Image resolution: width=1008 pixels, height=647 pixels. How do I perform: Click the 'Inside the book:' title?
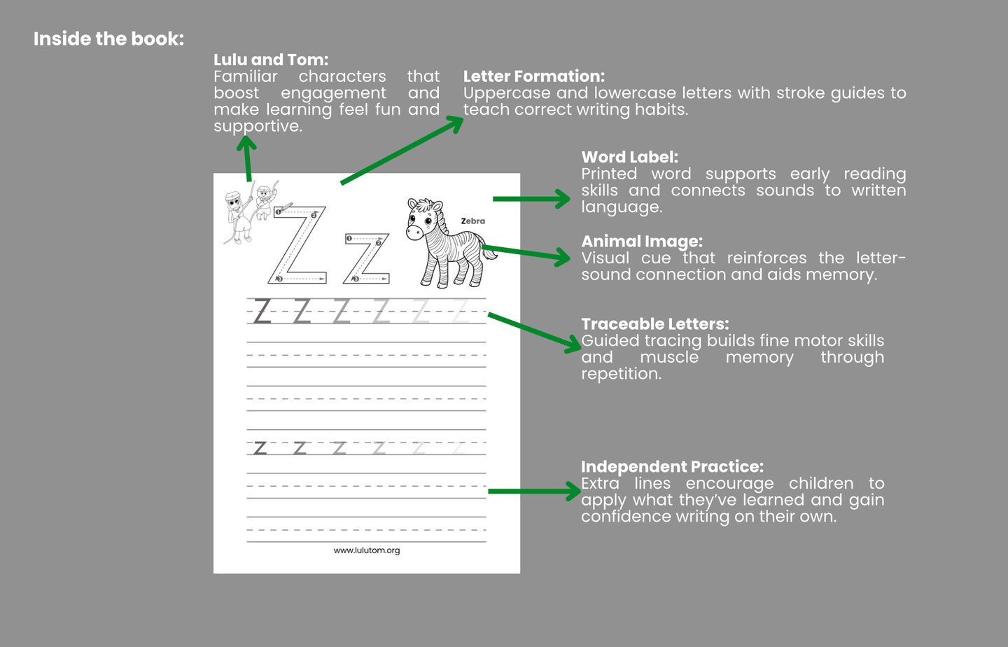tap(108, 39)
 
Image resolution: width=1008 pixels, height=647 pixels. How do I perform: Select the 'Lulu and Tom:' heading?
tap(271, 60)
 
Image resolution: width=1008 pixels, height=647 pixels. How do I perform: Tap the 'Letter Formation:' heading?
tap(534, 76)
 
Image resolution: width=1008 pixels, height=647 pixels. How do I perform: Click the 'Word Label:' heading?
tap(629, 157)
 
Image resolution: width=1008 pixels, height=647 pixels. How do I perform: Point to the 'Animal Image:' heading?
tap(642, 242)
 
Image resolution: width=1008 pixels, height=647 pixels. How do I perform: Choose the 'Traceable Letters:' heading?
tap(655, 323)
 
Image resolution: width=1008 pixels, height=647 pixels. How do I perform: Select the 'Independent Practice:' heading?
tap(672, 466)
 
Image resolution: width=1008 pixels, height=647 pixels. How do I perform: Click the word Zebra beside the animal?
tap(473, 221)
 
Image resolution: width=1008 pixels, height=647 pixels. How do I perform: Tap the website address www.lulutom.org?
tap(367, 550)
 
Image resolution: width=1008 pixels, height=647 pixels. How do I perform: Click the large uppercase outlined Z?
tap(297, 245)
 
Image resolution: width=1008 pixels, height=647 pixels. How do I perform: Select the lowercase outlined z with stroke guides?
tap(367, 258)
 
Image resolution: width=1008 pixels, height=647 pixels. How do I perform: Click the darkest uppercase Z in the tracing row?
tap(262, 311)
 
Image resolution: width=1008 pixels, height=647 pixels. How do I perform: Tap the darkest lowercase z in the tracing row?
tap(260, 448)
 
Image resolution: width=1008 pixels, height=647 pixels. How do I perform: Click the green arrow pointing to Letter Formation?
tap(402, 151)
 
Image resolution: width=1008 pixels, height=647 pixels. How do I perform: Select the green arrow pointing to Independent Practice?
tap(535, 492)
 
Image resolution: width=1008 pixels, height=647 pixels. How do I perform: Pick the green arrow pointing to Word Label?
tap(531, 199)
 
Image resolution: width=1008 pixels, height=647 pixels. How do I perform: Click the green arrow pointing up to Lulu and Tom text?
tap(247, 158)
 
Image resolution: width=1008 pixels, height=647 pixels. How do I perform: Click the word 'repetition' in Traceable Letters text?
tap(621, 374)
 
